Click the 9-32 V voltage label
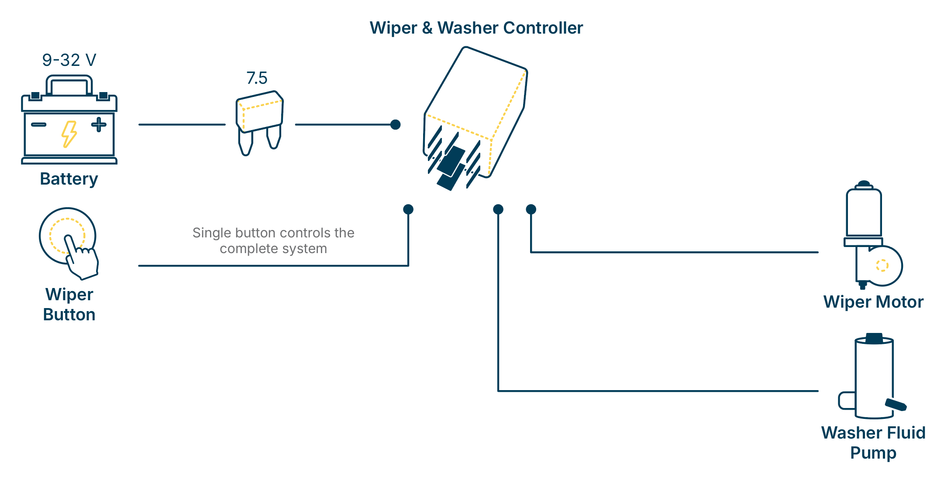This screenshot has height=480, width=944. [x=69, y=60]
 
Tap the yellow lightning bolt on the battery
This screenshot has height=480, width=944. [x=69, y=134]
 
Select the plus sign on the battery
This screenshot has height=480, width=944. [x=99, y=124]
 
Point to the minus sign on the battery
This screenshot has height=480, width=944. [x=38, y=124]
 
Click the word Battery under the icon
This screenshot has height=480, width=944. [x=69, y=179]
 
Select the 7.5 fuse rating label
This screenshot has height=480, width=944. [x=257, y=78]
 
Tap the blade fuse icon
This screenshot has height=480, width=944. [x=260, y=118]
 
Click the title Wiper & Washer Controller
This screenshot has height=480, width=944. [x=476, y=28]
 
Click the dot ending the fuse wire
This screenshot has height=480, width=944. [x=396, y=125]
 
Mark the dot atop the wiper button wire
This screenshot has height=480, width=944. [x=408, y=209]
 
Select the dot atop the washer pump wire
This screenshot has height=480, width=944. [x=498, y=209]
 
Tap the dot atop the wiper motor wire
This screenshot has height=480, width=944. [x=531, y=209]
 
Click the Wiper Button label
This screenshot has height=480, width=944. [x=69, y=305]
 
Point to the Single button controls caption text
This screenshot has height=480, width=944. [x=273, y=240]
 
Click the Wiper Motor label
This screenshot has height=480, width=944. [x=873, y=302]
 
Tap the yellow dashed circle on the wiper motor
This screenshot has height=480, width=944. [x=882, y=265]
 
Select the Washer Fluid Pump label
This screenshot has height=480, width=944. [x=873, y=442]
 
